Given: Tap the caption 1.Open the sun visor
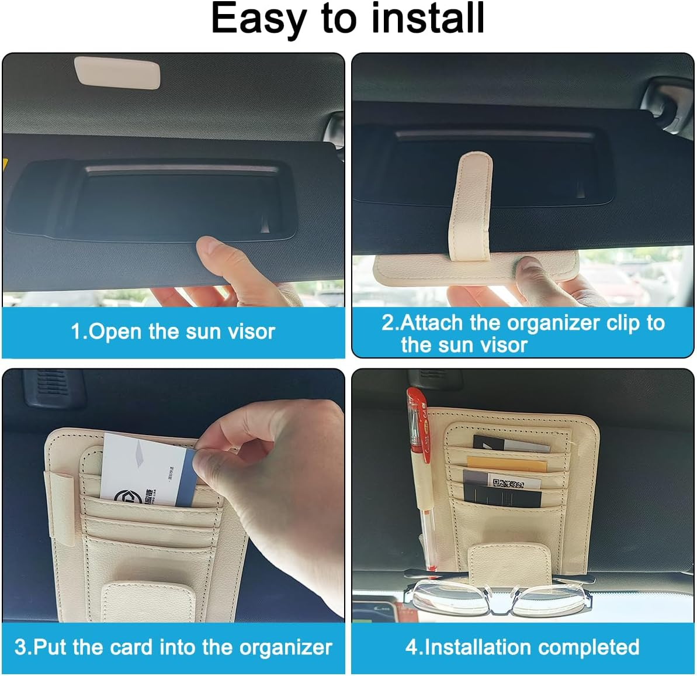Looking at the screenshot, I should coord(173,332).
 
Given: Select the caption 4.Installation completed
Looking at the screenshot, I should coord(522,647).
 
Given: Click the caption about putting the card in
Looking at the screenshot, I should coord(173,647).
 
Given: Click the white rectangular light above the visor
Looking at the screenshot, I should coord(117,73).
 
